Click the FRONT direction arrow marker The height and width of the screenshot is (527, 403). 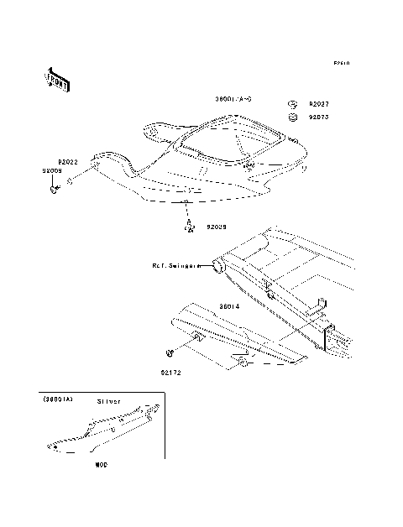[x=56, y=79]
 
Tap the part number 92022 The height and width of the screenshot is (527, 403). [x=68, y=161]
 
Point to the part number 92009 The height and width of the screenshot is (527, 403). [x=52, y=170]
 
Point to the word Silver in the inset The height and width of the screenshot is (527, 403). [x=109, y=402]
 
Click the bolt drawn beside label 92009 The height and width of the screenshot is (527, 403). [x=55, y=189]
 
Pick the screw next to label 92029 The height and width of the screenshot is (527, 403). [x=190, y=223]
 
